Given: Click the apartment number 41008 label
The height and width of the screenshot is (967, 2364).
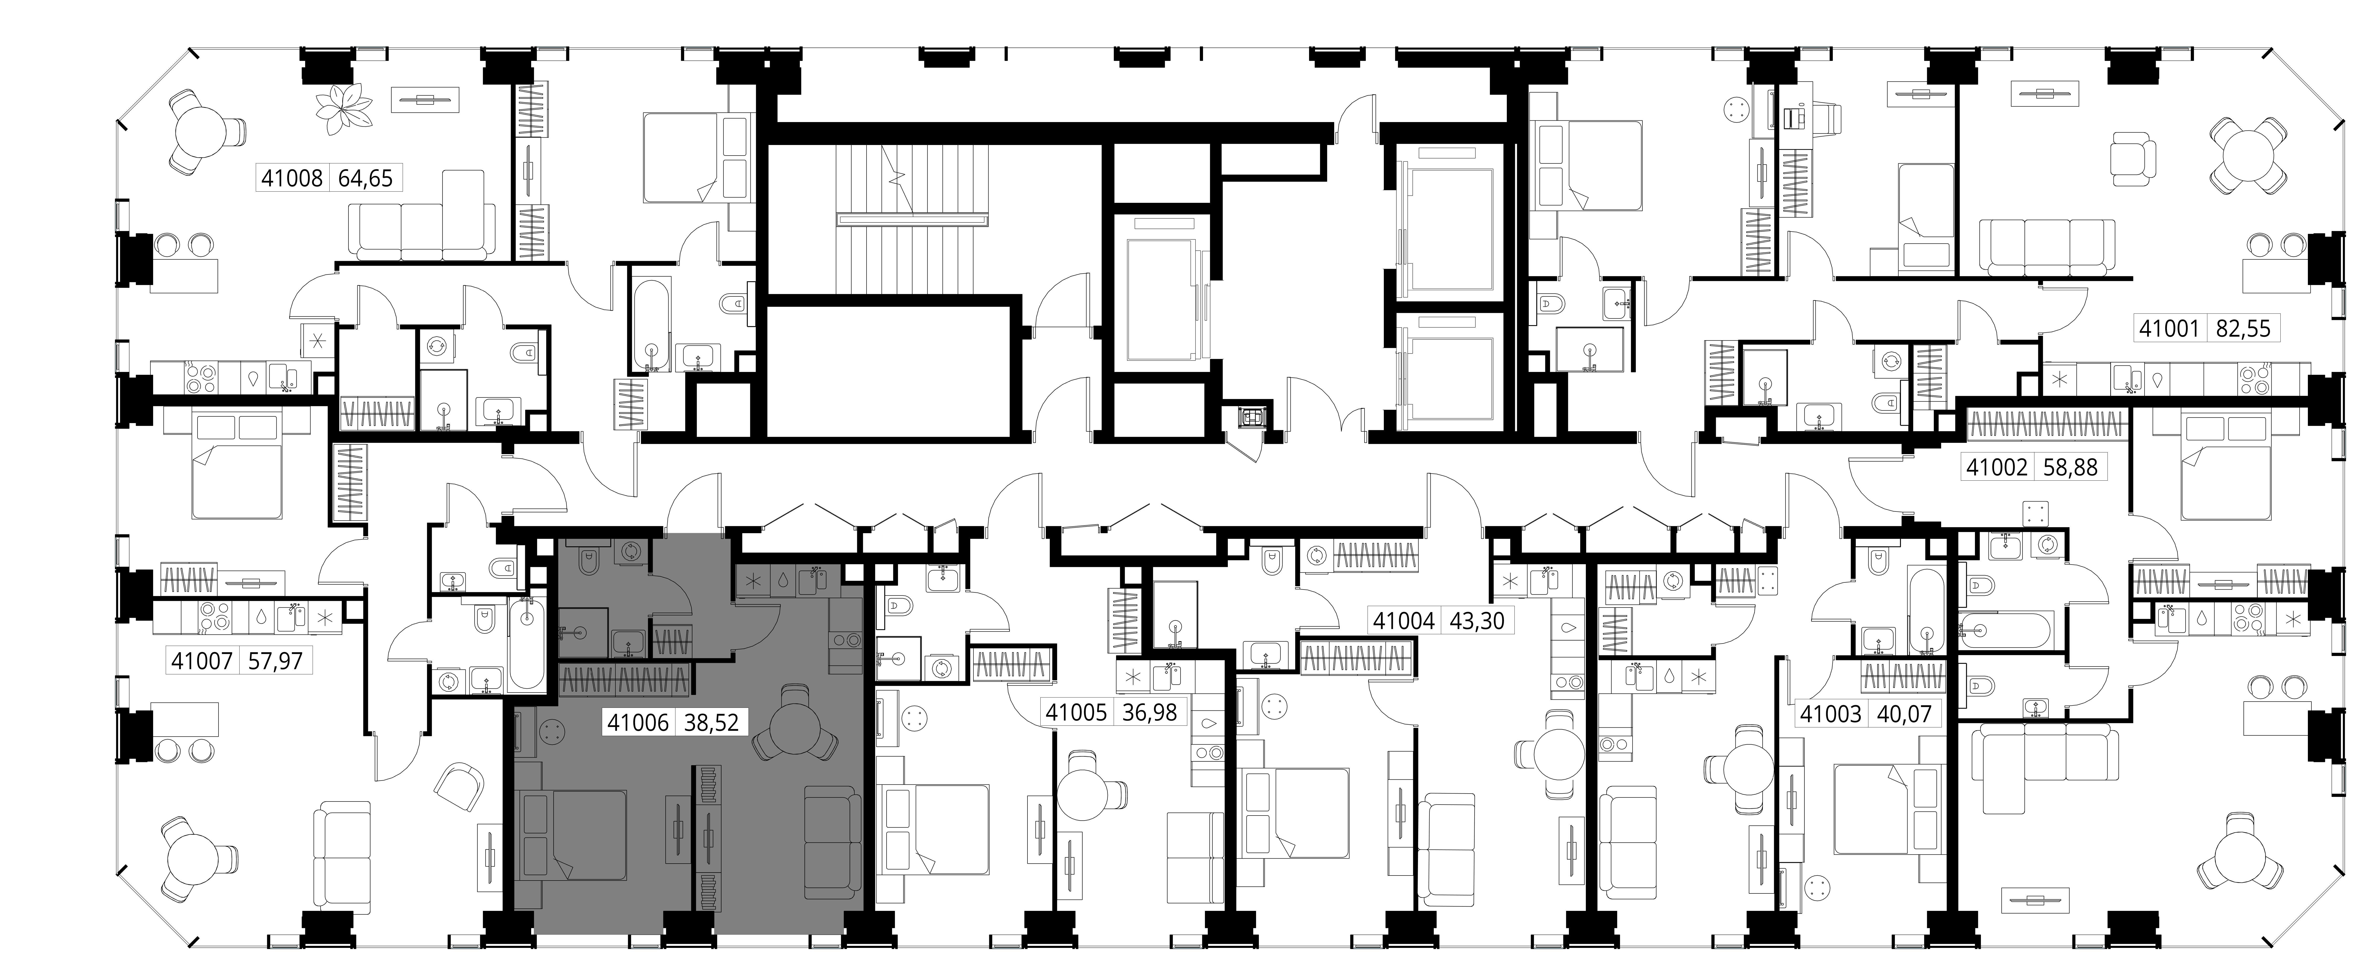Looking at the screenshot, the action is (x=292, y=178).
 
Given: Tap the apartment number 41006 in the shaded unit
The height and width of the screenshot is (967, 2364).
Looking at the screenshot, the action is (x=638, y=723).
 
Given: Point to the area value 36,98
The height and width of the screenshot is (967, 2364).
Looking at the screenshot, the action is (x=1149, y=712).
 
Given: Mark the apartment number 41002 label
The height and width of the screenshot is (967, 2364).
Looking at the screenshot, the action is (x=1996, y=467).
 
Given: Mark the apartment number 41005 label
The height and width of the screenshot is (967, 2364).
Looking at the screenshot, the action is (x=1076, y=712).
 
